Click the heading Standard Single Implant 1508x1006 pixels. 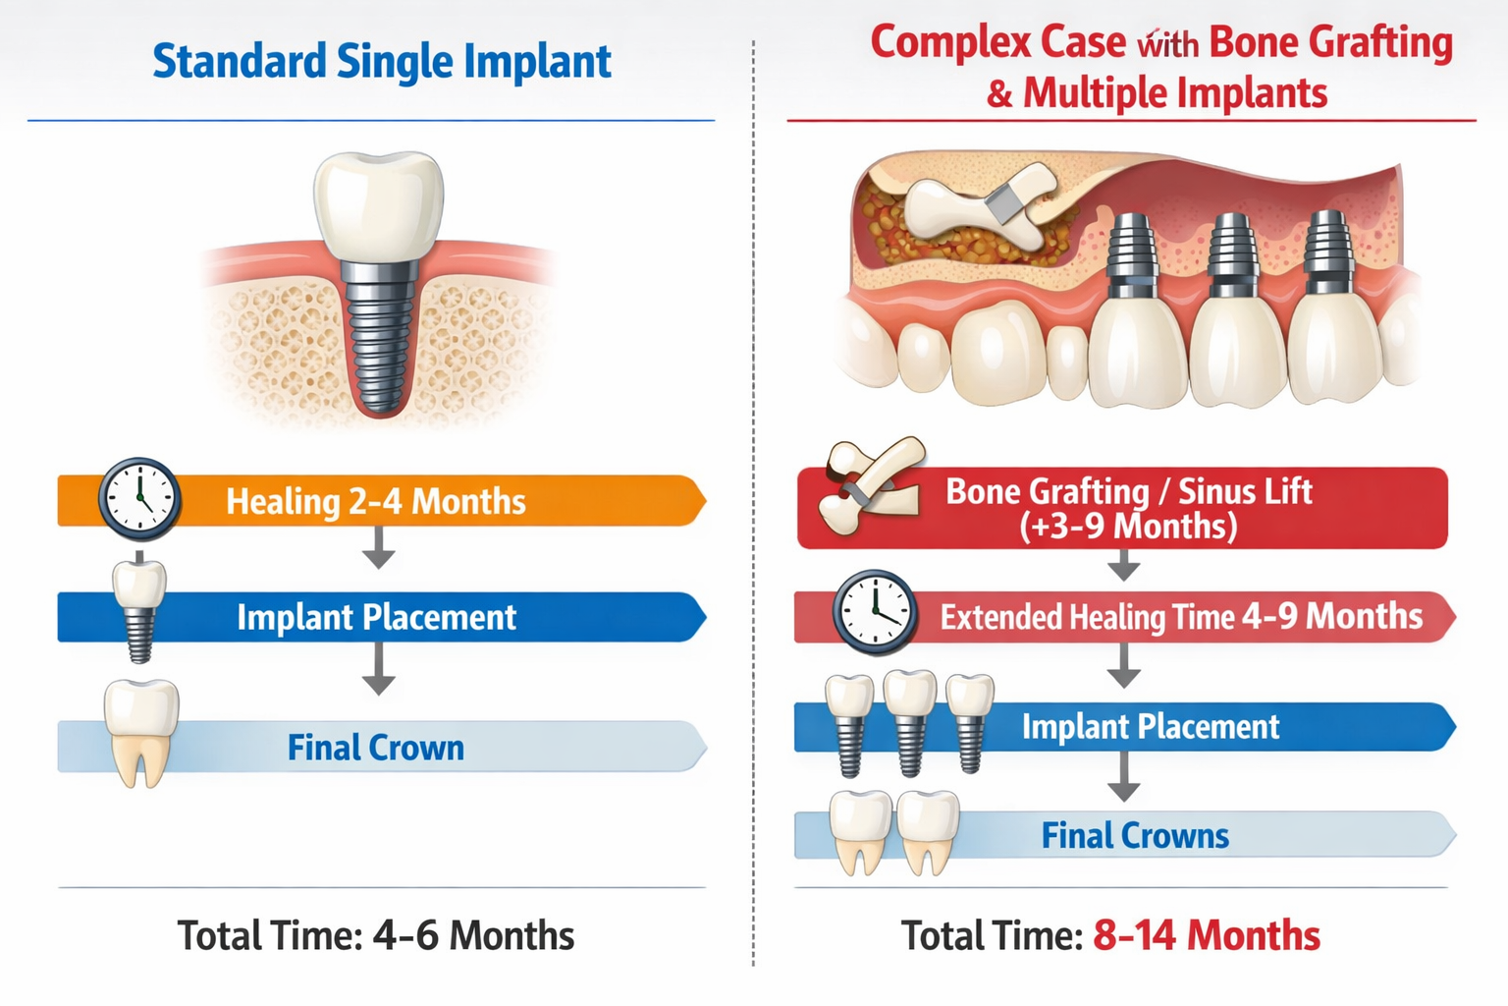point(381,62)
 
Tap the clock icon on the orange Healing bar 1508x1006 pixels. point(139,498)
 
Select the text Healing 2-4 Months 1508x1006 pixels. point(376,501)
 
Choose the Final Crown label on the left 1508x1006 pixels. point(375,748)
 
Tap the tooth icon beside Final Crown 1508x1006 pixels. point(140,732)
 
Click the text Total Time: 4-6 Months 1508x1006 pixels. point(375,935)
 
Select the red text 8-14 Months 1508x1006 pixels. point(1207,935)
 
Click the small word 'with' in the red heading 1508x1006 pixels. point(1166,45)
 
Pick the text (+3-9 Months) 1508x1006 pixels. point(1128,527)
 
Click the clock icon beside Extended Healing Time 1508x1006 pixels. point(875,612)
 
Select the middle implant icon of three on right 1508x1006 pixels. point(910,721)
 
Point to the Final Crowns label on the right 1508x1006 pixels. point(1135,835)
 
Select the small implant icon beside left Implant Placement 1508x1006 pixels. point(139,609)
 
